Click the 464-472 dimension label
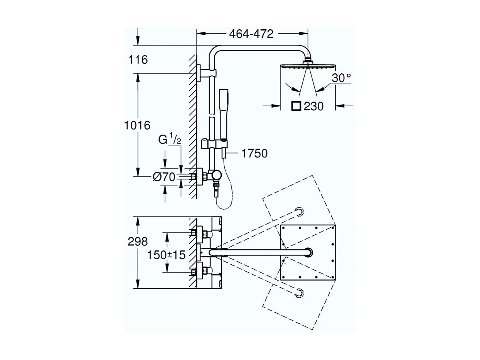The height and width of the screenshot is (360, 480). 251,34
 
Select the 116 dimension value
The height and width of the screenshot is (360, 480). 138,60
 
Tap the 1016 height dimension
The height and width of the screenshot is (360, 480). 137,125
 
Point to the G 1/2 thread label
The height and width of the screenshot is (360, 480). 170,140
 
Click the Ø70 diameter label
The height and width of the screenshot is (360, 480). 164,177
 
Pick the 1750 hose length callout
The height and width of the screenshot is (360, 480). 254,154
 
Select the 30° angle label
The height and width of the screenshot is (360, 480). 341,78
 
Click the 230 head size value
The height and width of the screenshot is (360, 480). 313,106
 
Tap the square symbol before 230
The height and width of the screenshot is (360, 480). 296,106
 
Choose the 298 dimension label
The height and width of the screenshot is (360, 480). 138,242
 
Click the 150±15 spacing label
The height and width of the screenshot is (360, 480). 167,255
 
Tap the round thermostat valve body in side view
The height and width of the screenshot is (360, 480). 215,176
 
